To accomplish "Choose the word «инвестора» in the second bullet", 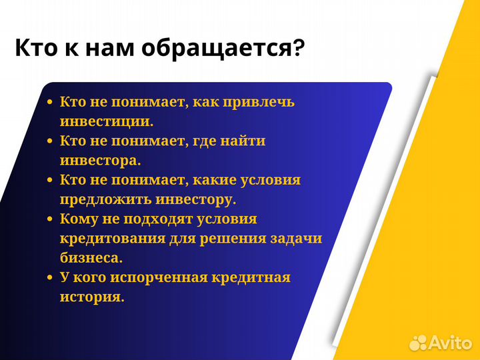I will click(99, 161).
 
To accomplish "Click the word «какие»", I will click(207, 180).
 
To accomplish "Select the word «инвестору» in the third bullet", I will click(203, 199).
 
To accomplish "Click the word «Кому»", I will click(78, 219).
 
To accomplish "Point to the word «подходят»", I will click(158, 219).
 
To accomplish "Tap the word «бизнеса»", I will click(91, 258).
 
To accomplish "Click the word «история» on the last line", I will click(91, 297).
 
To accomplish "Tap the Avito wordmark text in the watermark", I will click(452, 342).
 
